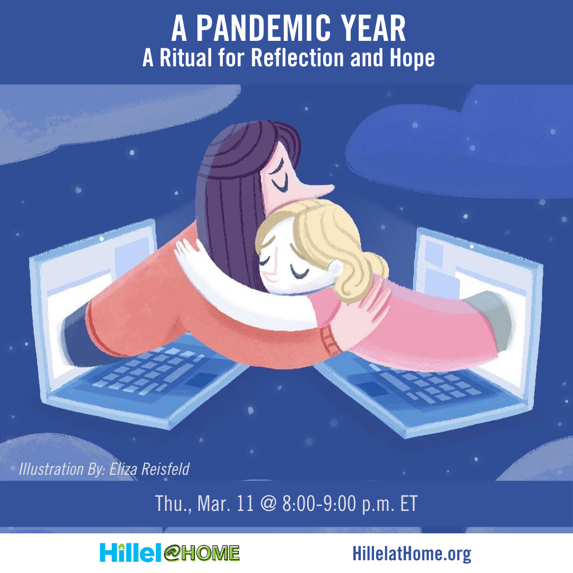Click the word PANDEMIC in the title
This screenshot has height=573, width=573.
(263, 29)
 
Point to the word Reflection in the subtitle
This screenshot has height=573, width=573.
(298, 58)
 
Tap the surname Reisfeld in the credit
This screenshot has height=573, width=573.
(165, 469)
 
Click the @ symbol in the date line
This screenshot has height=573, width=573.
(268, 503)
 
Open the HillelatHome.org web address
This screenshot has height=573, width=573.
(412, 554)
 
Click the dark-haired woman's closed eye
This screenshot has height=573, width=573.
(281, 186)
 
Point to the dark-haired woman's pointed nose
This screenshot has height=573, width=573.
(322, 189)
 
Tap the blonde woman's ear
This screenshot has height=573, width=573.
(335, 269)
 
